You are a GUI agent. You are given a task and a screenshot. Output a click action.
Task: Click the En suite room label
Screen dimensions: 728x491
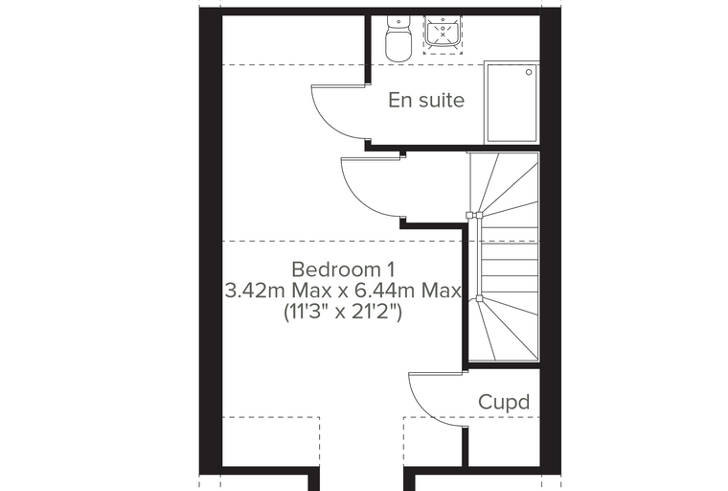(426, 100)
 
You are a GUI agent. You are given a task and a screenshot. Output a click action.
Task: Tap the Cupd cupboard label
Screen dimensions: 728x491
(504, 402)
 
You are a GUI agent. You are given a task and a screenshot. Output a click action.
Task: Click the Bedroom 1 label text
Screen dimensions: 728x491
(343, 269)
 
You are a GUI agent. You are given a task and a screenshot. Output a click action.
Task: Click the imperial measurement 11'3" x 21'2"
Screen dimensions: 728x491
(343, 312)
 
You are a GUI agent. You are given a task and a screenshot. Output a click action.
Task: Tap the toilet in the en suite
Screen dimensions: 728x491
(398, 39)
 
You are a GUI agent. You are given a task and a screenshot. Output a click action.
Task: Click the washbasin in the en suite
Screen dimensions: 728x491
(443, 33)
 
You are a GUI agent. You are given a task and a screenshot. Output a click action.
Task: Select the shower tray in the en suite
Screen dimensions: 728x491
(512, 104)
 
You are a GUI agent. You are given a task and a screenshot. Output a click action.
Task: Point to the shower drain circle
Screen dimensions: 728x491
(529, 72)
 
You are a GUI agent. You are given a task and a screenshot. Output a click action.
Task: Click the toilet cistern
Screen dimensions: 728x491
(398, 21)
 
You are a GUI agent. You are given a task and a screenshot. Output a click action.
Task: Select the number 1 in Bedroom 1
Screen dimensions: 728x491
(391, 269)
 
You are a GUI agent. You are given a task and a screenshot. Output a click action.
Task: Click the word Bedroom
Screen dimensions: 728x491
(336, 269)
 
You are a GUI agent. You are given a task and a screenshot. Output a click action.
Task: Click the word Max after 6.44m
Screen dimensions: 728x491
(442, 292)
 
